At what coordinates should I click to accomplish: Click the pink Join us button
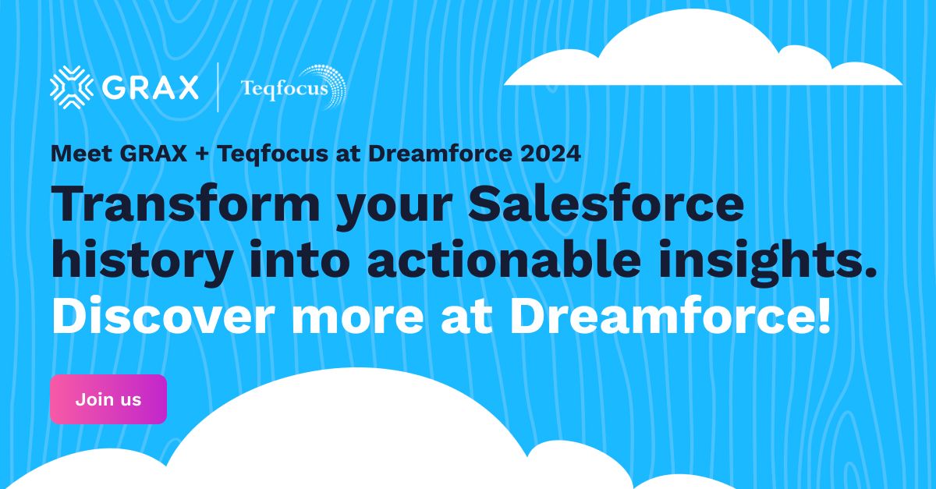click(108, 399)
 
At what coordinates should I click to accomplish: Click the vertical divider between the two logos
click(219, 87)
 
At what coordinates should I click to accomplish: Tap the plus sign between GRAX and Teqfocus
click(202, 154)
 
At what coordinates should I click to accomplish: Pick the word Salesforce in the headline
click(607, 205)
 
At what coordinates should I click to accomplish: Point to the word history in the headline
click(140, 261)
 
